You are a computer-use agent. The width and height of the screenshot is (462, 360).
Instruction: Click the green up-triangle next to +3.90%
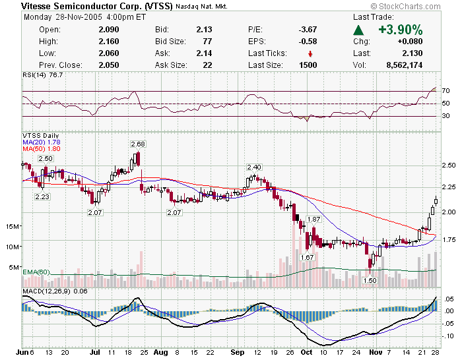pyautogui.click(x=358, y=30)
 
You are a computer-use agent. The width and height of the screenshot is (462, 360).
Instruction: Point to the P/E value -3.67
pyautogui.click(x=308, y=30)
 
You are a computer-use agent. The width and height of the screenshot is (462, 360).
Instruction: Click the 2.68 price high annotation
pyautogui.click(x=138, y=144)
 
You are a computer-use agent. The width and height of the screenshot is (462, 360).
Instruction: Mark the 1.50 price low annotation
pyautogui.click(x=371, y=280)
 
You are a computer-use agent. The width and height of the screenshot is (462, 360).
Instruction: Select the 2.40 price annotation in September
pyautogui.click(x=254, y=167)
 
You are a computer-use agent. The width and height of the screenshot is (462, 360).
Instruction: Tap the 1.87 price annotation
pyautogui.click(x=313, y=219)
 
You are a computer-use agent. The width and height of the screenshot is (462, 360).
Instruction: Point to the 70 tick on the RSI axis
pyautogui.click(x=446, y=90)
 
